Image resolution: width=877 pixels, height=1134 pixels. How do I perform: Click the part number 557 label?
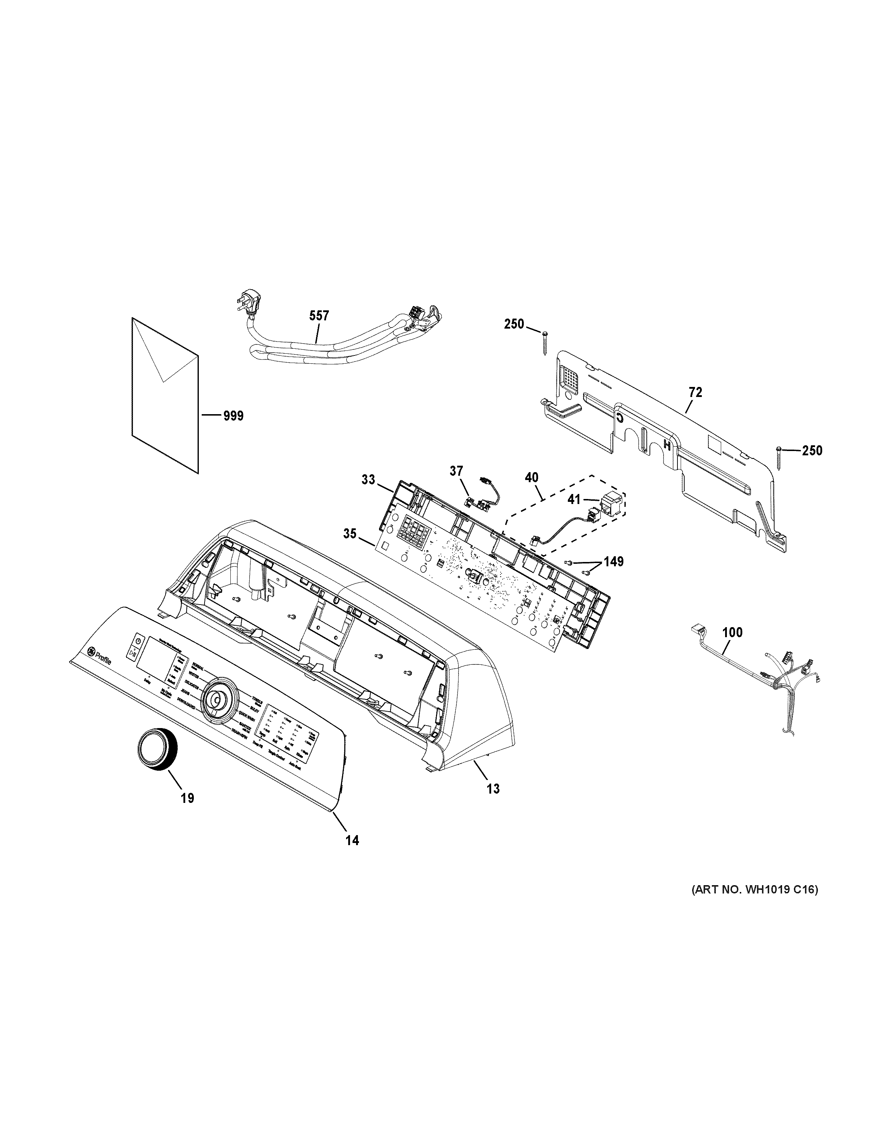[319, 315]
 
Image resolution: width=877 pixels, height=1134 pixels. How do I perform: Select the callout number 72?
[695, 393]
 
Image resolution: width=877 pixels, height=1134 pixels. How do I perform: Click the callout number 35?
[350, 533]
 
